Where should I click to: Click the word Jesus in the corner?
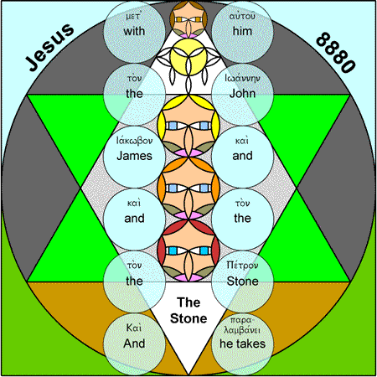[x=49, y=47]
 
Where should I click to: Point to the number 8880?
[x=336, y=53]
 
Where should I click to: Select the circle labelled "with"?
[x=134, y=32]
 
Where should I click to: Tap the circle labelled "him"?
[x=242, y=32]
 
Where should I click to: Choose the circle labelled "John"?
[x=242, y=94]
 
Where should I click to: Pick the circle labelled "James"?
[x=134, y=157]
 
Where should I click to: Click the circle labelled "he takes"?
[x=242, y=344]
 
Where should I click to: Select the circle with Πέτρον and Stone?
[x=242, y=281]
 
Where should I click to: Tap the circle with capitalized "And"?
[x=134, y=344]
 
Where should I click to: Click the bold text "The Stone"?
[x=188, y=310]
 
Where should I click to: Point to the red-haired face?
[x=188, y=250]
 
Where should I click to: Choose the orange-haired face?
[x=188, y=188]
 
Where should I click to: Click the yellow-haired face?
[x=188, y=126]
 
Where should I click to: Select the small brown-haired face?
[x=188, y=19]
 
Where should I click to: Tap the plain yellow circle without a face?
[x=188, y=57]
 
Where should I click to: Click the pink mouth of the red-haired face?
[x=188, y=278]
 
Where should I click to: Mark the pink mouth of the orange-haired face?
[x=188, y=215]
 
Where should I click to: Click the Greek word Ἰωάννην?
[x=242, y=78]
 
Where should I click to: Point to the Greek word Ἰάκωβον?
[x=134, y=141]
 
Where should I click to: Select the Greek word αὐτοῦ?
[x=242, y=17]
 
